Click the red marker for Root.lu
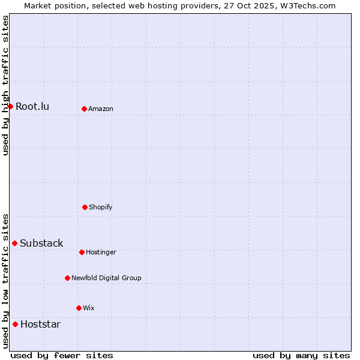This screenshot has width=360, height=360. (x=10, y=106)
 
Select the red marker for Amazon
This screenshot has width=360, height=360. (x=84, y=109)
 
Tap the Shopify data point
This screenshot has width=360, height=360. (x=85, y=207)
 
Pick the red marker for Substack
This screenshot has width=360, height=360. (x=14, y=243)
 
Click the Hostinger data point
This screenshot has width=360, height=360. (x=82, y=252)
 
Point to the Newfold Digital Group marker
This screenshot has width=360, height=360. (x=67, y=278)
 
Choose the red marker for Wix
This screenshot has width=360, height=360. (x=79, y=308)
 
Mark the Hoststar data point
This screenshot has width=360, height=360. (x=15, y=324)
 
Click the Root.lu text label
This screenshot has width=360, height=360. (x=32, y=107)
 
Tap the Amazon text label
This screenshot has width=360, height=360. (x=101, y=109)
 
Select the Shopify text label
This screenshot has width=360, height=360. (x=101, y=208)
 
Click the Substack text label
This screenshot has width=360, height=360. (x=41, y=244)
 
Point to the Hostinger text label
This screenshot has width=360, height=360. (x=101, y=253)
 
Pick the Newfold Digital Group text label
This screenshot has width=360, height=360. (x=106, y=278)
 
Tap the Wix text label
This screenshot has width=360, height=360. (x=89, y=308)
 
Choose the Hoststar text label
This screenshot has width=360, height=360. (x=40, y=325)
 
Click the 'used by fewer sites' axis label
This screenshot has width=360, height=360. (x=62, y=355)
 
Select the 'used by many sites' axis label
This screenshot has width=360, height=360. (x=301, y=355)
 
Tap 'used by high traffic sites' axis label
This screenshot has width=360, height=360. (x=5, y=85)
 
